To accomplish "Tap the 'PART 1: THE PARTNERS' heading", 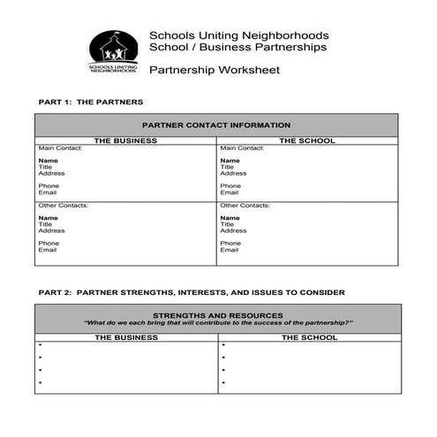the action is click(x=91, y=102).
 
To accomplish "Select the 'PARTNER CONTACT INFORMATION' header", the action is click(x=215, y=125).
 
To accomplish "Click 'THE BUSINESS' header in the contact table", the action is click(x=125, y=140).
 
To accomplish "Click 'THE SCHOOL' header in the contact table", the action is click(x=306, y=140).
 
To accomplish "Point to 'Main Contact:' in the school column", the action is click(x=241, y=148).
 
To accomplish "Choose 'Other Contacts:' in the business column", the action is click(x=63, y=206).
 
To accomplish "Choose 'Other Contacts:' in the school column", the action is click(x=244, y=206).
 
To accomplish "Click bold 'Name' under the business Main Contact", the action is click(x=49, y=161).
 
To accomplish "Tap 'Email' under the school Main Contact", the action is click(x=230, y=192).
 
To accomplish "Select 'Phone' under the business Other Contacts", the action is click(x=49, y=243).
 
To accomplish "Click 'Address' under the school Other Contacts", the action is click(x=233, y=230).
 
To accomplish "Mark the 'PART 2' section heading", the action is click(x=192, y=291).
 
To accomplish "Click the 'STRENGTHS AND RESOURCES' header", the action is click(x=217, y=315).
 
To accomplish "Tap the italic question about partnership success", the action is click(x=218, y=323).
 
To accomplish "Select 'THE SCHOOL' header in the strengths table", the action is click(x=309, y=337).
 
